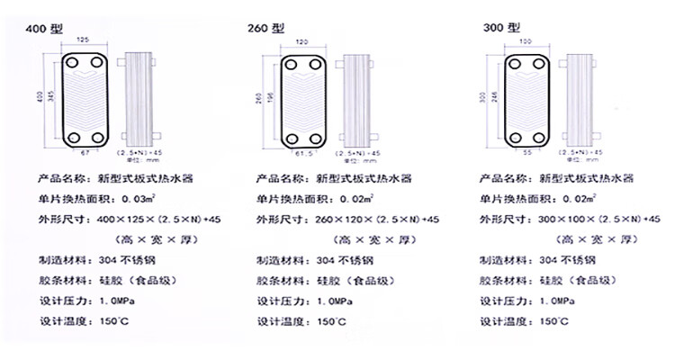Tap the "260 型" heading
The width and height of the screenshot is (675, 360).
coord(266,29)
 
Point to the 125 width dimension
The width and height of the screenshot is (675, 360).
coord(82,41)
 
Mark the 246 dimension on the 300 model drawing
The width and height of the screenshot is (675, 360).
coord(494,99)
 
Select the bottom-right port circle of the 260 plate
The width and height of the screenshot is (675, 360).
coord(323,138)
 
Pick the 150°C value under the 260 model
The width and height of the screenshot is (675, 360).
coord(323,321)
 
